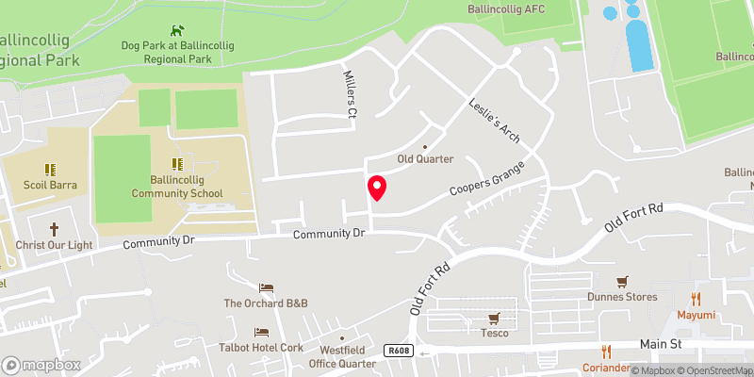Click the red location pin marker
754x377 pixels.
(x=377, y=188)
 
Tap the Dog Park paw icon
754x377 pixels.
(x=175, y=31)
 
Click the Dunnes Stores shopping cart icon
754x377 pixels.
(x=622, y=282)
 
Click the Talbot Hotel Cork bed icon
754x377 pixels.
(x=262, y=332)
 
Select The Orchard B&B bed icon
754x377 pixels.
(x=266, y=287)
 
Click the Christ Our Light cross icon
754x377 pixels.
(x=54, y=229)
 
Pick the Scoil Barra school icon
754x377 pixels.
(x=51, y=170)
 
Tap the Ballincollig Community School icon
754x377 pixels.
(x=174, y=163)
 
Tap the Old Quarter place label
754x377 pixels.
(x=425, y=158)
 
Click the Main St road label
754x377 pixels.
(x=661, y=345)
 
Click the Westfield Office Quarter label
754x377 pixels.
(x=342, y=357)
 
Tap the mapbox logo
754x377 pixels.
(x=41, y=364)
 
